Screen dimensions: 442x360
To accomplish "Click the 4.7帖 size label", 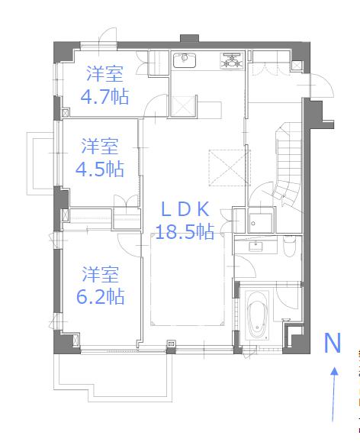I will [x=104, y=96].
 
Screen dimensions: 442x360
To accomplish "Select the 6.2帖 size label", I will [x=101, y=295].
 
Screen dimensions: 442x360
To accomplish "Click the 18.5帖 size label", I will [x=184, y=232].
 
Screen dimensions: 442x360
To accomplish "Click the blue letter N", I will [x=333, y=344].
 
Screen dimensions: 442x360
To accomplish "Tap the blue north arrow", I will [x=333, y=393].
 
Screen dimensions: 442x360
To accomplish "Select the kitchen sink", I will [x=185, y=61].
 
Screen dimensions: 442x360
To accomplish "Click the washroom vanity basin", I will [x=255, y=246].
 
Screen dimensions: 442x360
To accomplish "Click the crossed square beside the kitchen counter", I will [x=182, y=107].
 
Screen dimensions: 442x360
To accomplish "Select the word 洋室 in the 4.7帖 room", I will [x=104, y=74].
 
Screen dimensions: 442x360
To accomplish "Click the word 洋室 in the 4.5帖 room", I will [x=101, y=145].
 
